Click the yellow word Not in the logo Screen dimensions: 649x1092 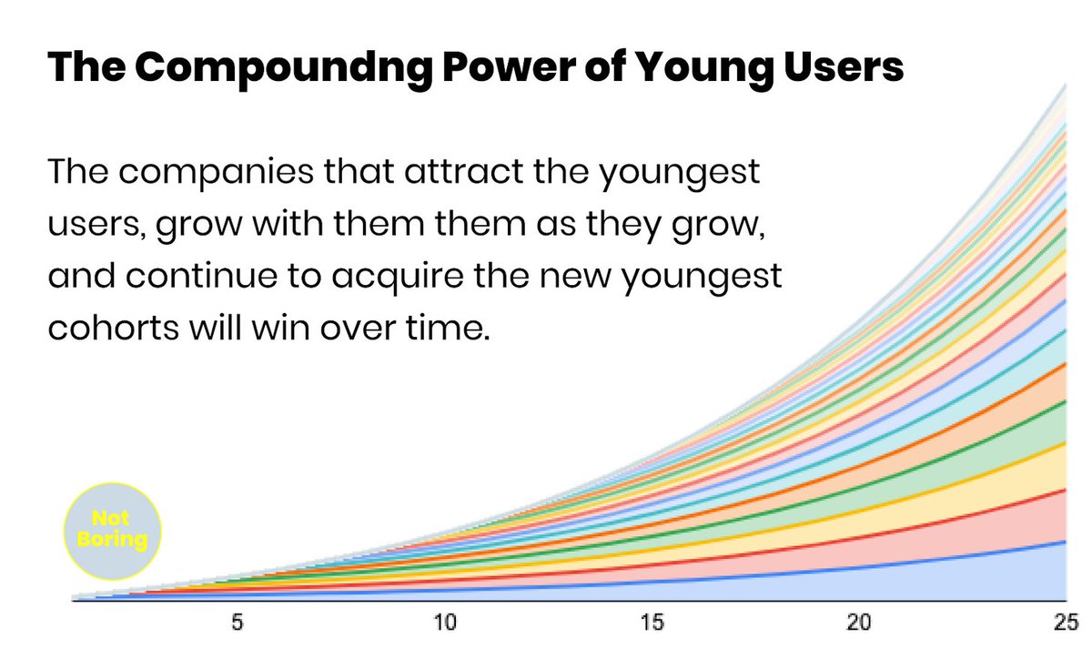[110, 521]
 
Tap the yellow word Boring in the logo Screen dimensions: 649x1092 [112, 539]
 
